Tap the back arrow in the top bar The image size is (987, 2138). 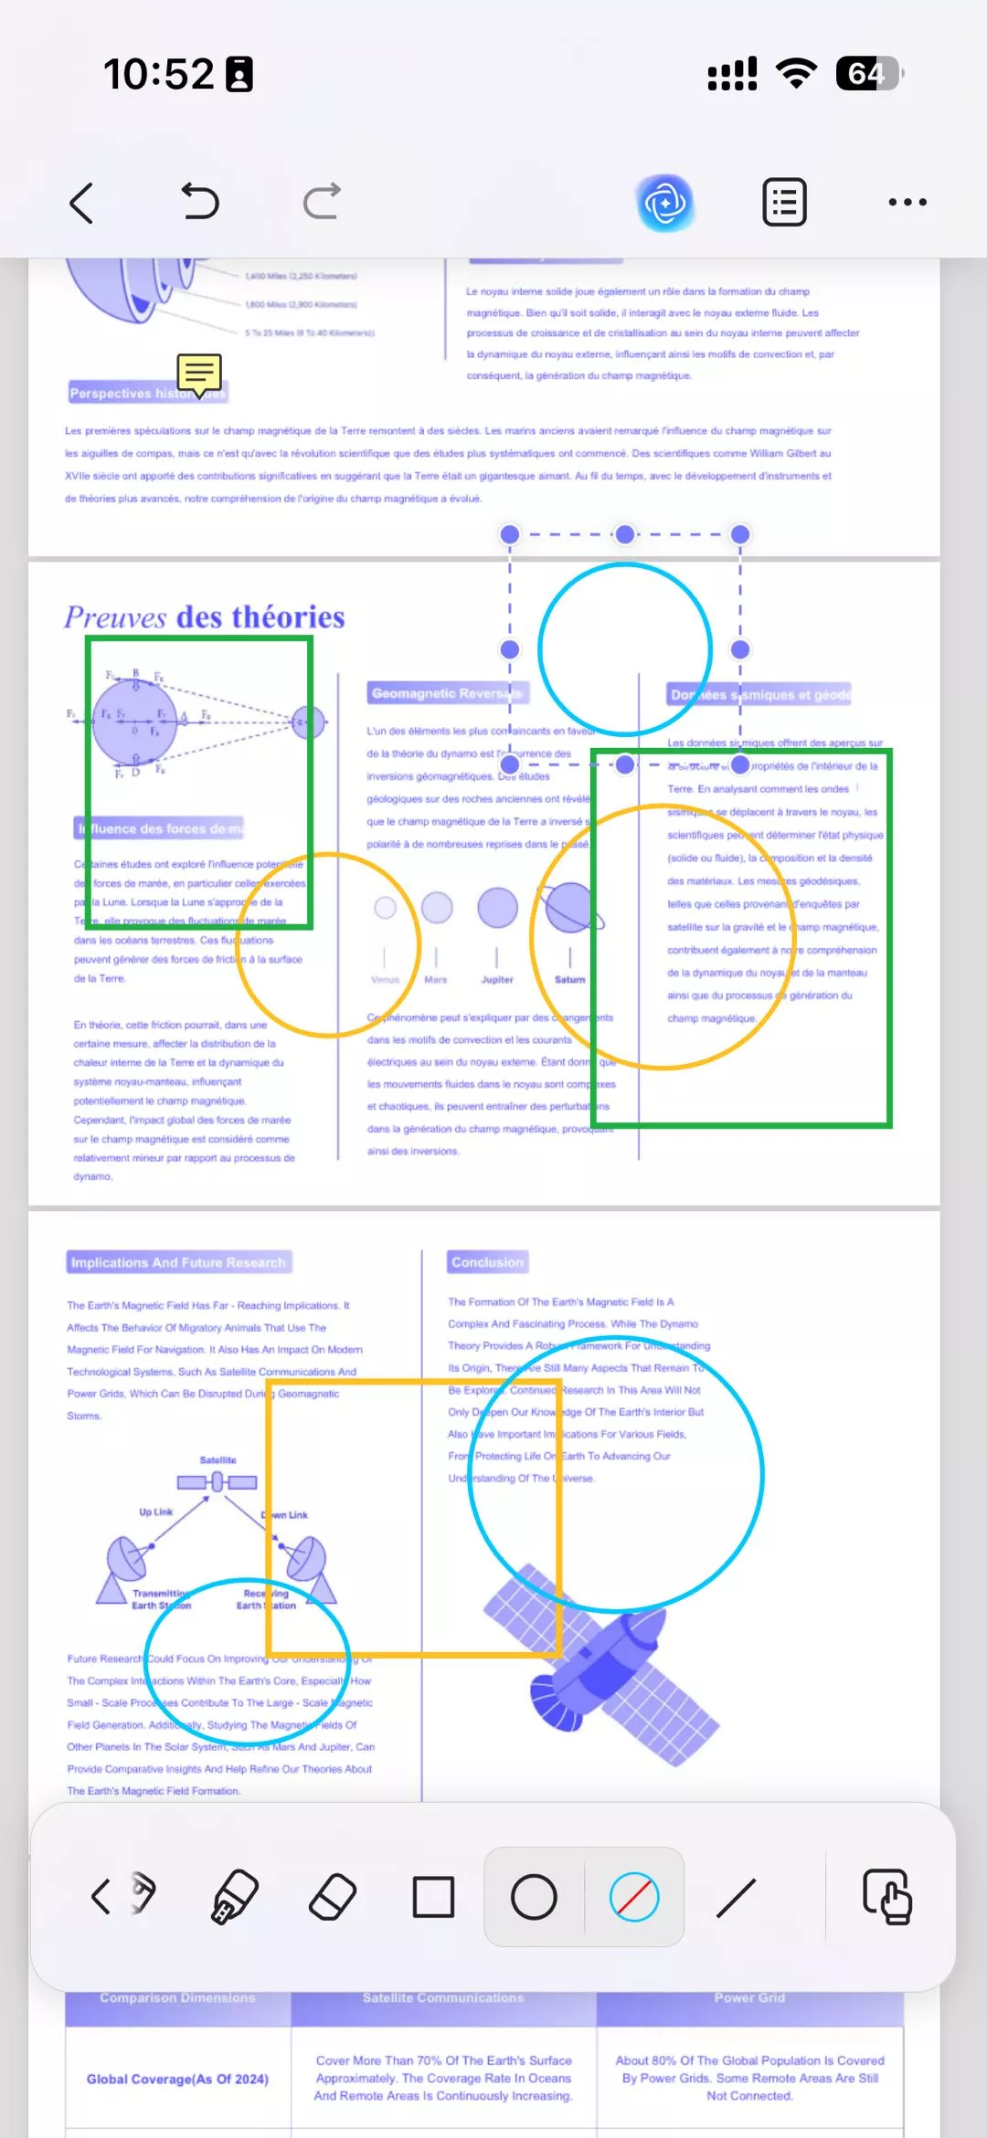(x=82, y=203)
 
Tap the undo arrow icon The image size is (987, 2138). (x=200, y=202)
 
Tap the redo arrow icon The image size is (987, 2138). (x=322, y=202)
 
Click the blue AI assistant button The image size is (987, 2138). (x=665, y=203)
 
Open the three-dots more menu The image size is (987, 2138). (x=907, y=203)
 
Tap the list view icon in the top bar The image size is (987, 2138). (x=784, y=203)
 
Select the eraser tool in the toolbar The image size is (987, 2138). (x=333, y=1897)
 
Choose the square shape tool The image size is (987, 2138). (x=433, y=1897)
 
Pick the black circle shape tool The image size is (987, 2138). (x=534, y=1897)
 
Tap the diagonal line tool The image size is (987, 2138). (x=736, y=1897)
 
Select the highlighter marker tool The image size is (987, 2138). (x=234, y=1897)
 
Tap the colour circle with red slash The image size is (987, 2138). (x=634, y=1897)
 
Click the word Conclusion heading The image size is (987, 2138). (x=487, y=1262)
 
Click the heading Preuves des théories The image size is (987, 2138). (x=205, y=617)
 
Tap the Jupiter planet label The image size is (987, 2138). (x=497, y=980)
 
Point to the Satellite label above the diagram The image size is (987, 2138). (x=218, y=1460)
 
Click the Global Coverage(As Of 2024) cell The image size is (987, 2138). (x=177, y=2080)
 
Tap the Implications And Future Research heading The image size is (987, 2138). (x=179, y=1262)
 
